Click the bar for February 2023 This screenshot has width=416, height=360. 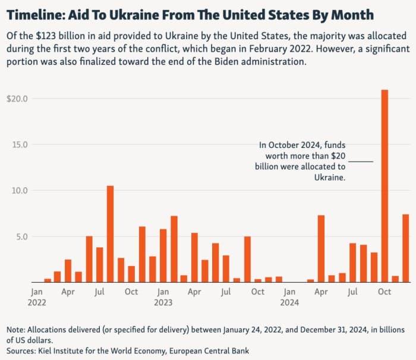pos(174,249)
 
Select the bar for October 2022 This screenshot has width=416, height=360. pos(131,274)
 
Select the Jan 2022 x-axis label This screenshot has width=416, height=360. pos(36,297)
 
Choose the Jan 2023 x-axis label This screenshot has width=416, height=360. pos(163,297)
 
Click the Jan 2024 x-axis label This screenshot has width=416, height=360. pos(289,297)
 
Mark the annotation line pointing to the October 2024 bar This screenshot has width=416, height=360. pos(361,161)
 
